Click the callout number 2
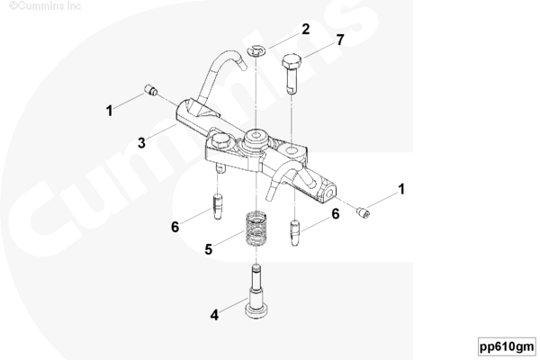pos(305,30)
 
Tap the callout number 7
pos(340,40)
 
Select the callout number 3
pos(141,143)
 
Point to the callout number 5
pos(209,249)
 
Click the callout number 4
pos(214,315)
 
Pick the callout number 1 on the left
pos(109,111)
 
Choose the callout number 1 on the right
pos(401,189)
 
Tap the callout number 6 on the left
pos(175,227)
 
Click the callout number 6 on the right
pos(336,214)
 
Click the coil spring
pos(256,229)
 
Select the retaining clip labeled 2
pos(256,50)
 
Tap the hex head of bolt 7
pos(292,62)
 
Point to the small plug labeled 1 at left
pos(150,90)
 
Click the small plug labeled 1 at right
pos(364,212)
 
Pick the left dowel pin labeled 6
pos(218,206)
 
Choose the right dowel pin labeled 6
pos(295,232)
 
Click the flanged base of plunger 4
pos(256,311)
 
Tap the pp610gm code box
pos(507,346)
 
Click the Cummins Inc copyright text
pos(45,6)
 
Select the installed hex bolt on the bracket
pos(219,141)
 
